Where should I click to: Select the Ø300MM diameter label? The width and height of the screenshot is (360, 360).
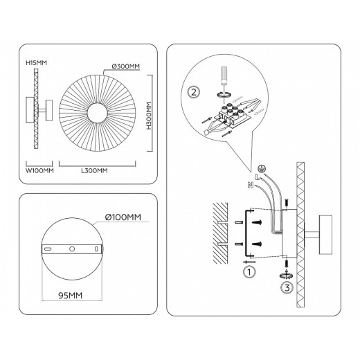pyautogui.click(x=121, y=66)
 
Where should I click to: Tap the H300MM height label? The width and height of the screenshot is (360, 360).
pyautogui.click(x=150, y=116)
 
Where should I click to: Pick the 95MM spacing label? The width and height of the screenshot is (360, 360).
pyautogui.click(x=71, y=294)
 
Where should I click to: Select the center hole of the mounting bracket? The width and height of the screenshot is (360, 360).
pyautogui.click(x=71, y=248)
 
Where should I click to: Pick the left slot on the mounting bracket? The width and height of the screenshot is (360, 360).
pyautogui.click(x=48, y=248)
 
